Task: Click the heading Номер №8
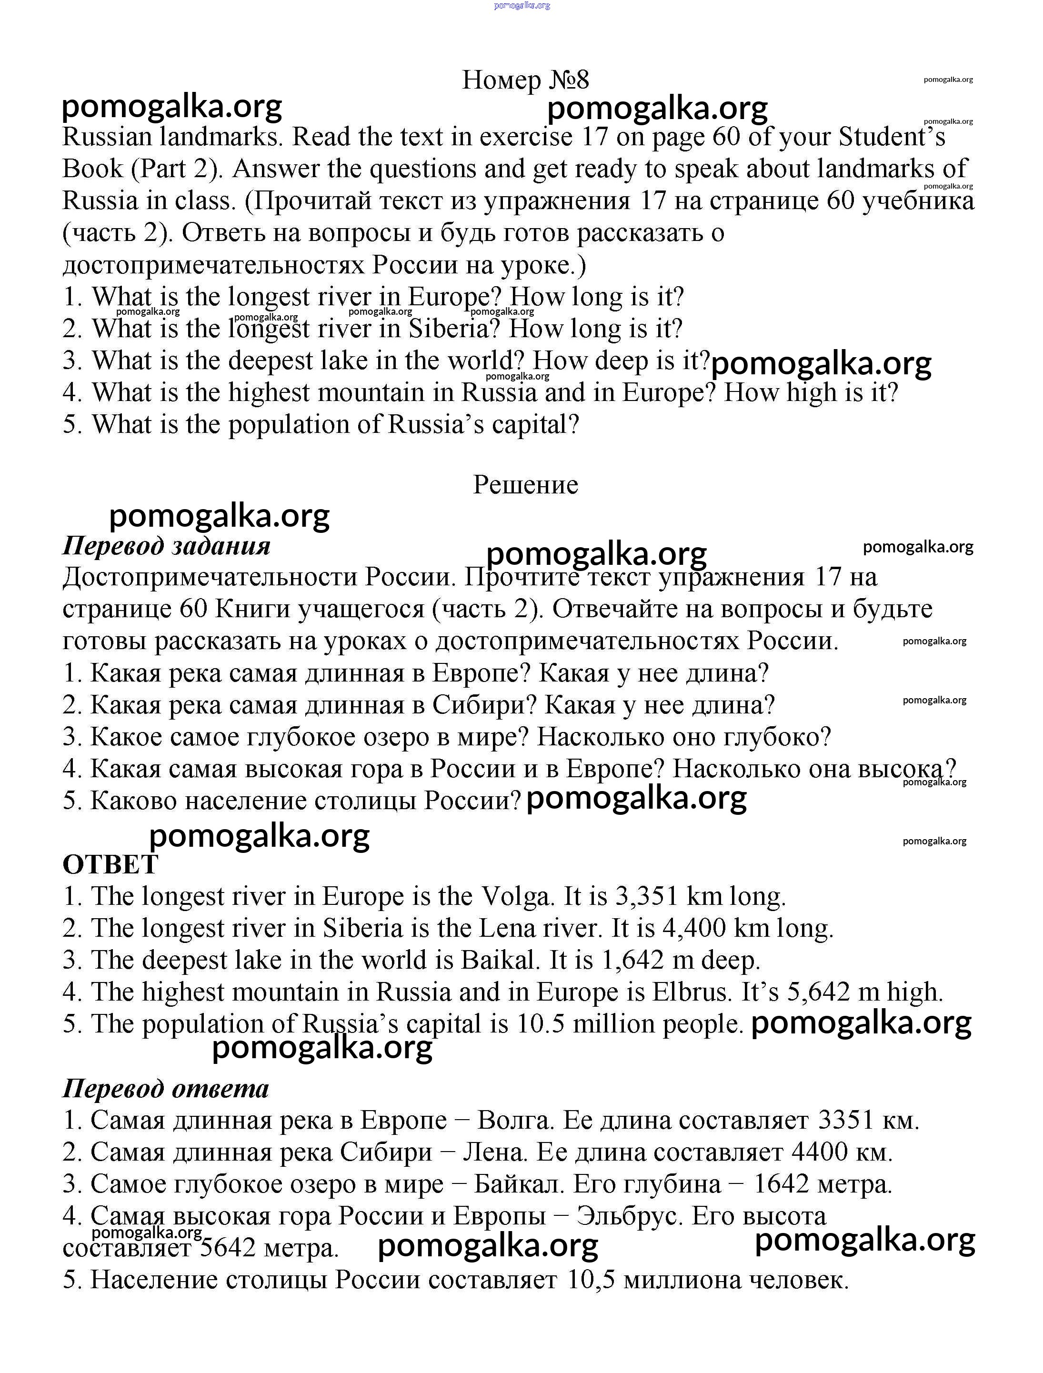click(525, 80)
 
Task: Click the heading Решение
click(525, 485)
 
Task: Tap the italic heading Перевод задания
click(166, 546)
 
